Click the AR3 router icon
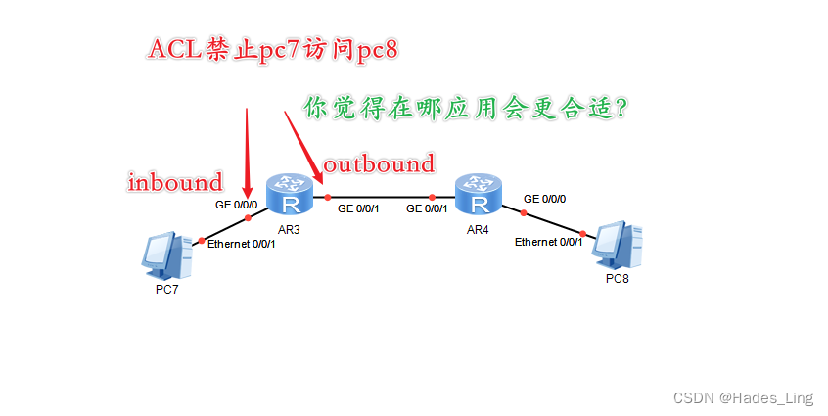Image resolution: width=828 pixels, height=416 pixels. coord(290,194)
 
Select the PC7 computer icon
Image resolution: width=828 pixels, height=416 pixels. coord(166,255)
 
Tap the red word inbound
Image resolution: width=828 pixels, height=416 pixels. coord(176,181)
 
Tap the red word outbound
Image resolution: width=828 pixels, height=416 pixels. coord(379,162)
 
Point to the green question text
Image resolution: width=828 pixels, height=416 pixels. coord(464,107)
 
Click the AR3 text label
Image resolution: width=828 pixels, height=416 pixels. coord(289,228)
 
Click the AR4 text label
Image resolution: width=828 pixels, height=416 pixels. coord(478,229)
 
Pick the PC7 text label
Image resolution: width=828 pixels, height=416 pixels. coord(167,291)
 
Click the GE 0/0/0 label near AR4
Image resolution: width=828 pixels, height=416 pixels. coord(544,198)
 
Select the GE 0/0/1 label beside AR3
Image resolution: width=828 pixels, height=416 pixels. coord(358,208)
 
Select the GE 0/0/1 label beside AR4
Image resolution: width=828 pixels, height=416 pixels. coord(427,208)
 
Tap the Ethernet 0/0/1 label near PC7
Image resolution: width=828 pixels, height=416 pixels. coord(241,244)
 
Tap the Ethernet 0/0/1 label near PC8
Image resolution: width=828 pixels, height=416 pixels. coord(549,241)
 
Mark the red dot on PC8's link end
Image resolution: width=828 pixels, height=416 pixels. coord(583,233)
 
